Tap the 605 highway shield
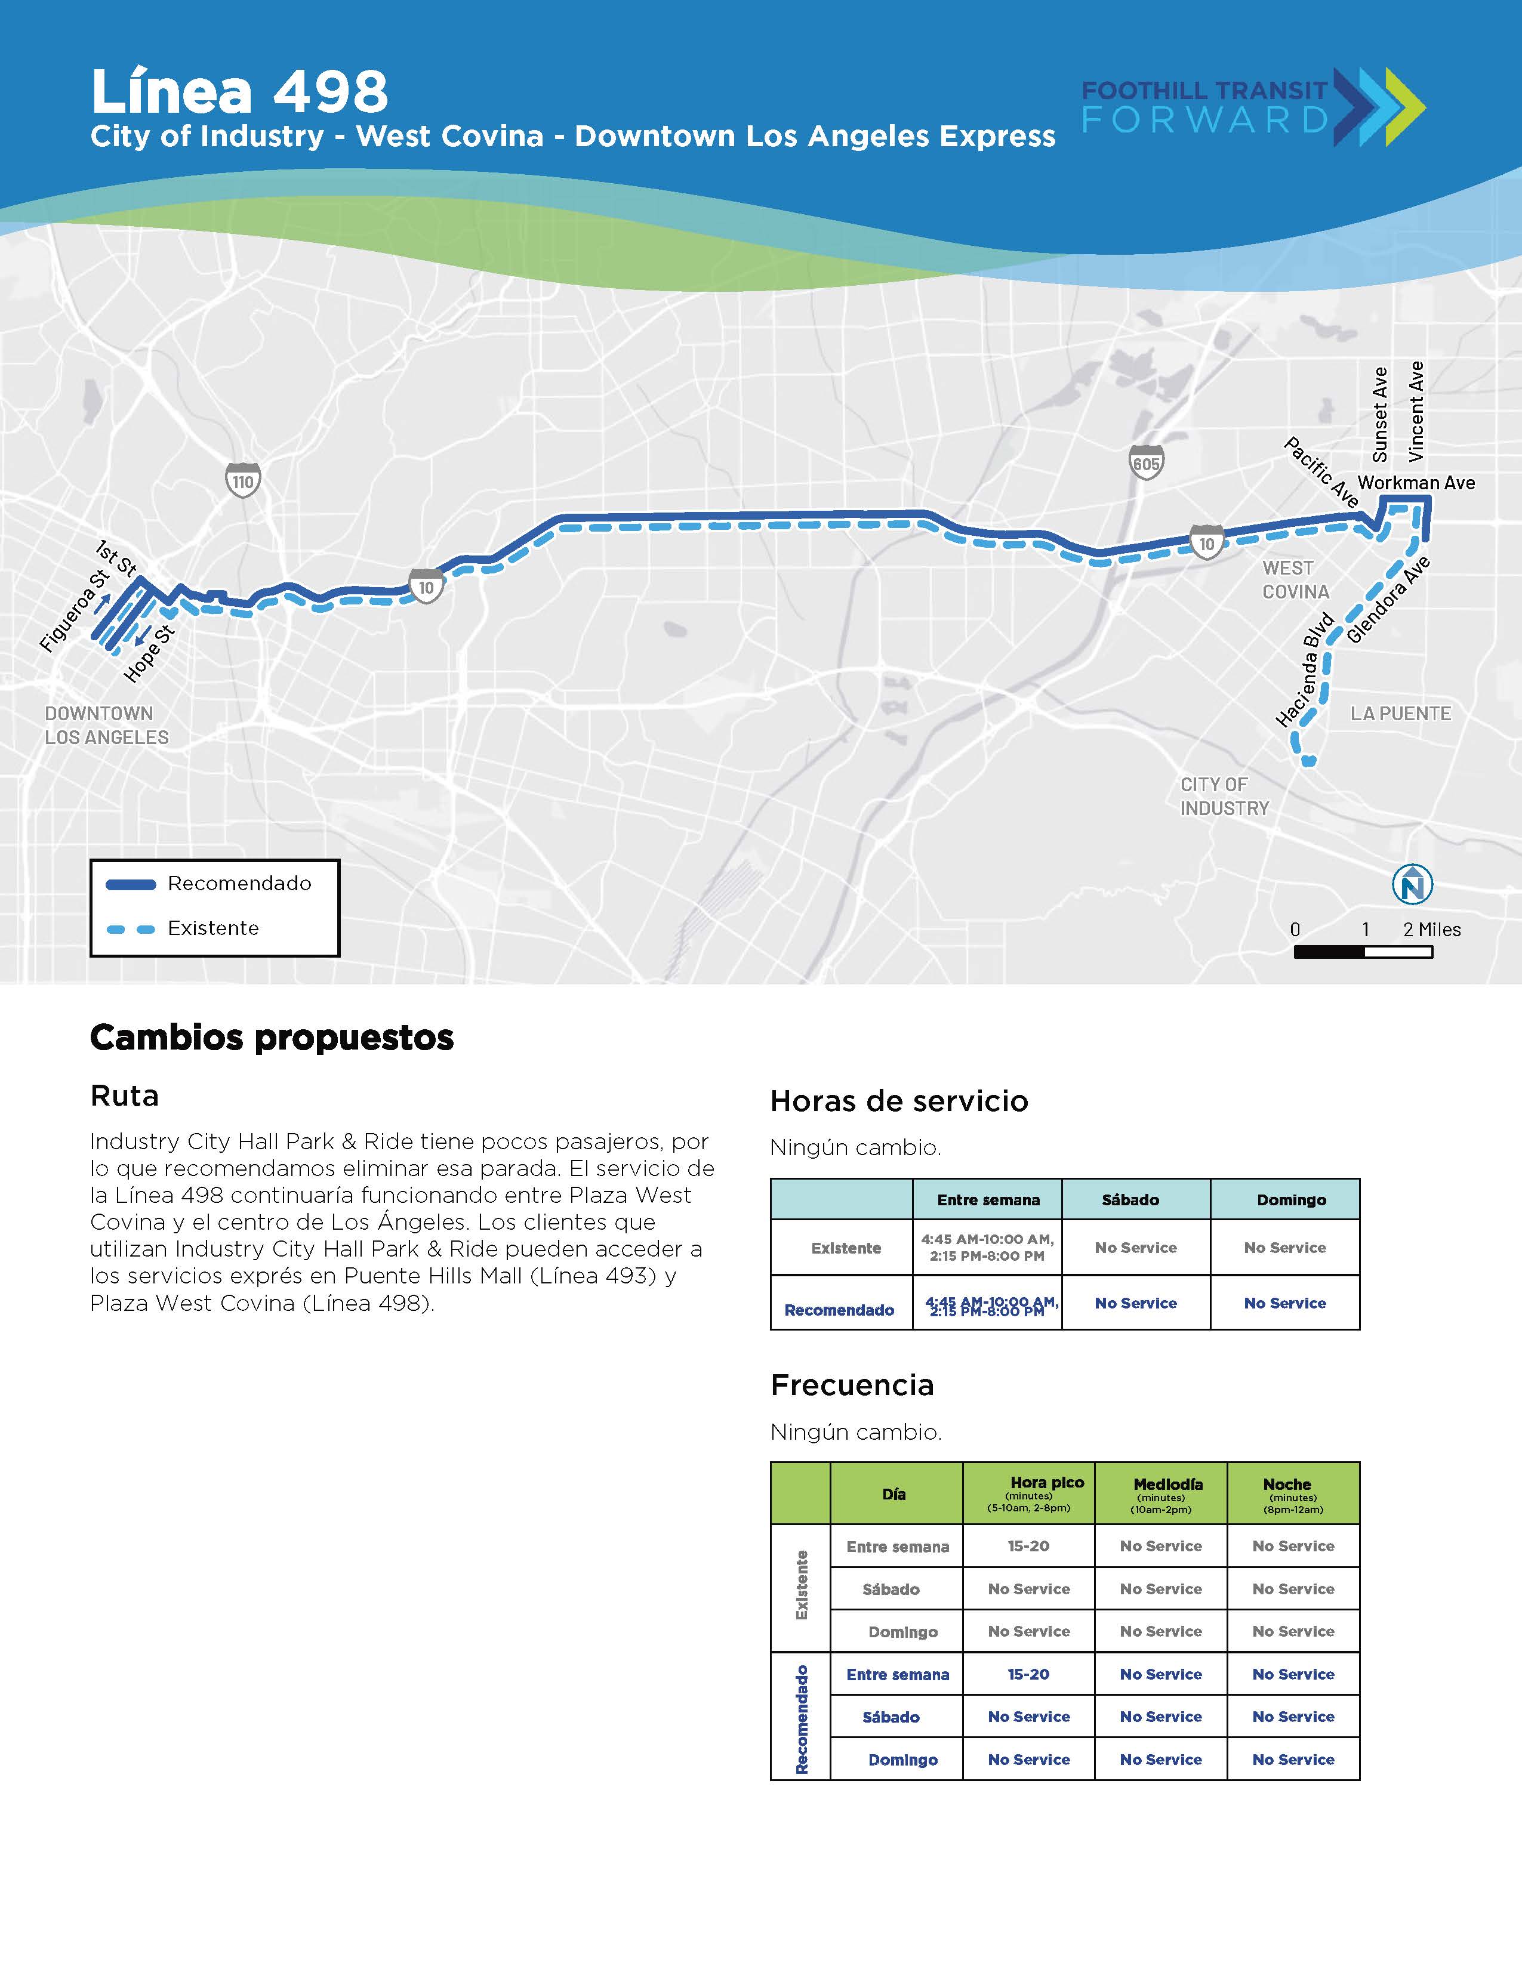pyautogui.click(x=1146, y=464)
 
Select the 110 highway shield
pyautogui.click(x=242, y=480)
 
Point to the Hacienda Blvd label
pyautogui.click(x=1305, y=670)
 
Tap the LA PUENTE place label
pyautogui.click(x=1400, y=713)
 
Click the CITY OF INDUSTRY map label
pyautogui.click(x=1224, y=796)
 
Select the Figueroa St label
pyautogui.click(x=74, y=611)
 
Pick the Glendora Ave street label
pyautogui.click(x=1388, y=600)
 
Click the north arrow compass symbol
pyautogui.click(x=1412, y=884)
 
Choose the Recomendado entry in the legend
pyautogui.click(x=209, y=884)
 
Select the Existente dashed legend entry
pyautogui.click(x=183, y=928)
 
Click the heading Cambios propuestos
pyautogui.click(x=272, y=1037)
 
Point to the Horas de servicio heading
pyautogui.click(x=899, y=1101)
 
